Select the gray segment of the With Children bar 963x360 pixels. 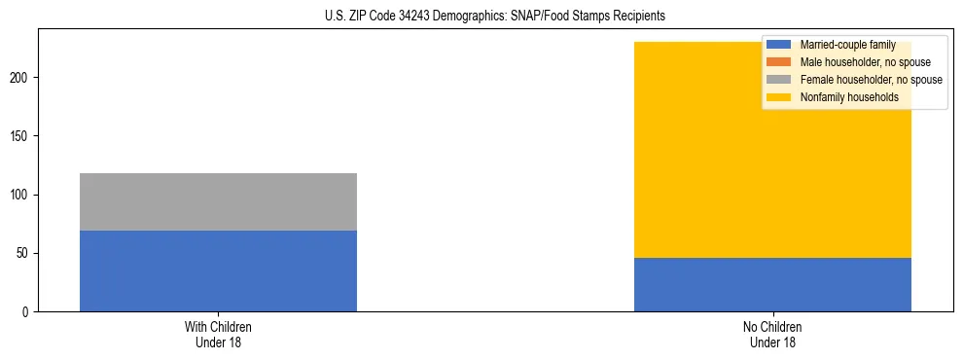[218, 202]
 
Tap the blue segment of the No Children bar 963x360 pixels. [772, 284]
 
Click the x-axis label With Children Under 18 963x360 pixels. [218, 334]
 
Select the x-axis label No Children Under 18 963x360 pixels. [772, 334]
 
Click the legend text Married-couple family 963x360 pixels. [847, 45]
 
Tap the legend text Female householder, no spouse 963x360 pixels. [871, 80]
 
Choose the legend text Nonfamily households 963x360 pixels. [849, 97]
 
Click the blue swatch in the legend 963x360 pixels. [779, 45]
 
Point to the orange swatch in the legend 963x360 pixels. [779, 62]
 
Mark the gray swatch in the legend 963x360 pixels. [779, 80]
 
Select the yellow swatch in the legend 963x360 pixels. [779, 97]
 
